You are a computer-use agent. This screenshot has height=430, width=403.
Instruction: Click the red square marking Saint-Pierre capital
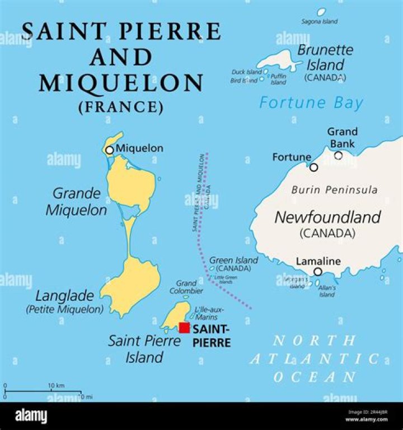(184, 328)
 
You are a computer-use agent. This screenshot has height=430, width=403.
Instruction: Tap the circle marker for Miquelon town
(110, 150)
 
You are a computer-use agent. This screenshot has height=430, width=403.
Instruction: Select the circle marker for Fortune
(314, 167)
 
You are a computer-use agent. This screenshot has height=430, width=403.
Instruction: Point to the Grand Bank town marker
(338, 155)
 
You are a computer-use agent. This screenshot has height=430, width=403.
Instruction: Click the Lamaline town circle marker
(318, 272)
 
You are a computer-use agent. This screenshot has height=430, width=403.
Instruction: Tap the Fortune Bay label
(311, 103)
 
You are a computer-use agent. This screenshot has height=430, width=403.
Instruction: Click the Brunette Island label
(325, 57)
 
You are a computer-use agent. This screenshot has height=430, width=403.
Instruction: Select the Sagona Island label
(320, 22)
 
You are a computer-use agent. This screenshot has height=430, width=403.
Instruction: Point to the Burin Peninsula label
(334, 190)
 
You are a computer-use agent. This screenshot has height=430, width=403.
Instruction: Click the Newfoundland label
(327, 217)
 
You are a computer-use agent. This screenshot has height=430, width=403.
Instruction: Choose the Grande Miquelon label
(77, 202)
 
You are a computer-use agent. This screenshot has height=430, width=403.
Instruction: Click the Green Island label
(233, 261)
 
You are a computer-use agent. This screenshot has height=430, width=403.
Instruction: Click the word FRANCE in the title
(121, 106)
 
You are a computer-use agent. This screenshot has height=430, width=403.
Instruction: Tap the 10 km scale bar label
(56, 386)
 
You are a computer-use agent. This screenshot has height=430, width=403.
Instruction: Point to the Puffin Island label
(278, 79)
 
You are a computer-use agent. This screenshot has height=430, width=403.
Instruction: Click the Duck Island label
(247, 72)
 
